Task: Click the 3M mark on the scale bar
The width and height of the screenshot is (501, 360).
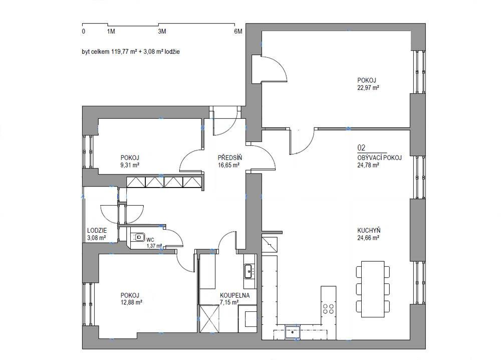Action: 162,31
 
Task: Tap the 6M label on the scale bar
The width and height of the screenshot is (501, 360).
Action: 238,31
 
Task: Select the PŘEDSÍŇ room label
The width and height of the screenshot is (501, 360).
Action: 230,157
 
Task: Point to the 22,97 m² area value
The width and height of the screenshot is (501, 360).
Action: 368,88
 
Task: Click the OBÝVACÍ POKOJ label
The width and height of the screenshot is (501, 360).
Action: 379,157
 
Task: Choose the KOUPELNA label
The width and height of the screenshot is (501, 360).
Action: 234,295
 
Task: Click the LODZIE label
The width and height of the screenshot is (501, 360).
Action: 97,231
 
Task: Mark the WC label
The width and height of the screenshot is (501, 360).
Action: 150,240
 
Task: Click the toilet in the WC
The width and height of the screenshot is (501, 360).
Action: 138,237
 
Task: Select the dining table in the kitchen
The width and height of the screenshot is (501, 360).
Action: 373,289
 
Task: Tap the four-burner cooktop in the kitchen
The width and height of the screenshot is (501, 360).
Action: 328,308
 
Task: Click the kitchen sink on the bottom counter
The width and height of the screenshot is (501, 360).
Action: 293,332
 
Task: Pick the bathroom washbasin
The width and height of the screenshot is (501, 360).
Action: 249,271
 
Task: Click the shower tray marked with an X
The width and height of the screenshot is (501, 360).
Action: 209,319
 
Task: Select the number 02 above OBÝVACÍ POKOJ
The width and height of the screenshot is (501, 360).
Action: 361,148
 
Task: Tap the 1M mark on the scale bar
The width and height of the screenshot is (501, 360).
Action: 111,31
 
